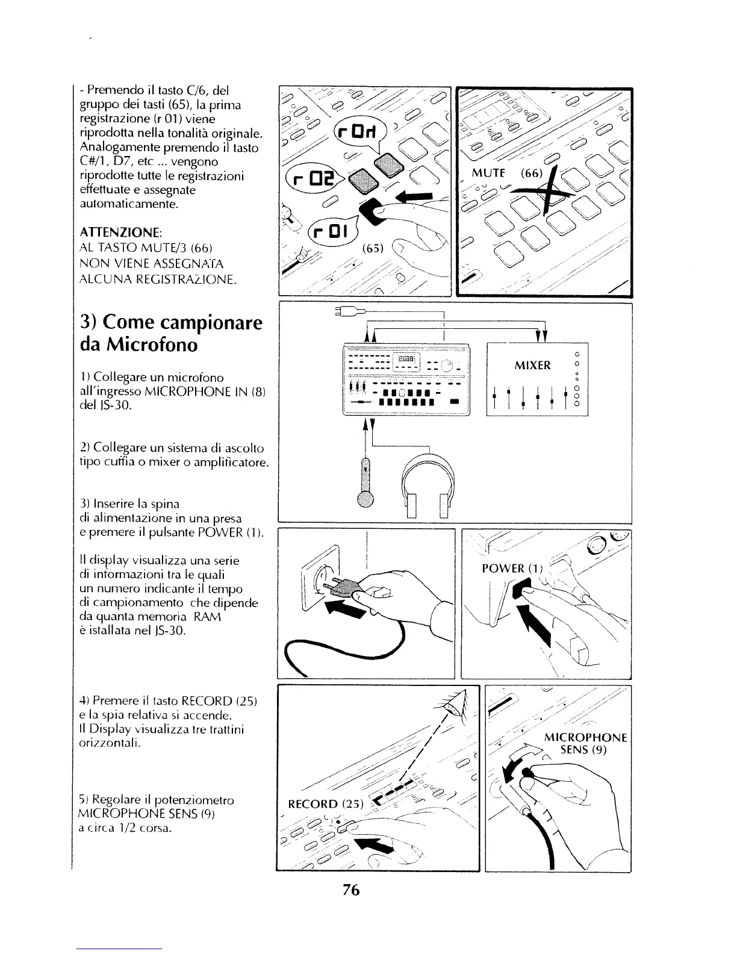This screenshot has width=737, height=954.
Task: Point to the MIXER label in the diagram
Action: [x=533, y=366]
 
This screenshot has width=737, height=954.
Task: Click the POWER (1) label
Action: [x=512, y=569]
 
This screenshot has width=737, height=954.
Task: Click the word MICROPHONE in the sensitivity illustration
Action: [x=585, y=738]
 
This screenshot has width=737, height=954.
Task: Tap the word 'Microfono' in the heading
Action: [x=148, y=345]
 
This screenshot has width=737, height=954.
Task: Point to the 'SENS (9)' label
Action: [x=583, y=750]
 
